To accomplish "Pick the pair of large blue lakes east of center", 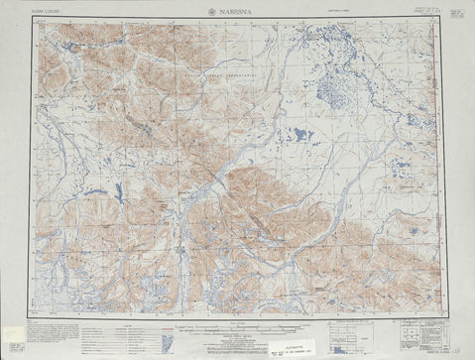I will (297, 135).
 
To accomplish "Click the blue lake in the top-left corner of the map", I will (69, 45).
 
